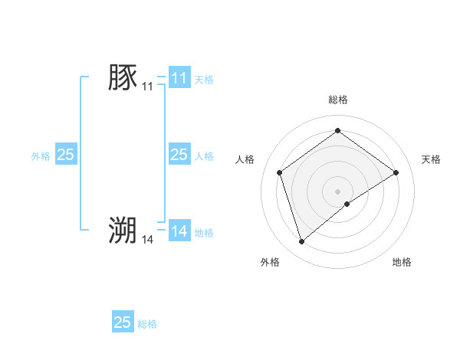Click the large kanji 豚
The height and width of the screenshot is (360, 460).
pos(123,78)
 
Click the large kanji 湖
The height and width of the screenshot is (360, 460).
pos(123,230)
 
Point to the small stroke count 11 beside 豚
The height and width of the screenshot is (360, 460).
pos(147,88)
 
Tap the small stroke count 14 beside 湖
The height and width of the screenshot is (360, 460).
pos(147,240)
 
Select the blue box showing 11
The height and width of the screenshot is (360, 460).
pos(179,78)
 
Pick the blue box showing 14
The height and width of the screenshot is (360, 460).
pos(179,231)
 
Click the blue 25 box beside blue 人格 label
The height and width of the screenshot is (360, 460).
pos(179,155)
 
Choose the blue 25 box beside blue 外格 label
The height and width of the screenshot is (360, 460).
pos(65,155)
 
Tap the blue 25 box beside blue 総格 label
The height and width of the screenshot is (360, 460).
pos(122,322)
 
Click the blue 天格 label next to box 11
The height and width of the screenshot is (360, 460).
pos(203,79)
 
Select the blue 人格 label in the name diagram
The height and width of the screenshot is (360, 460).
pos(203,155)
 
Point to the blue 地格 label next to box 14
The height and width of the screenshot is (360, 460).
pos(203,232)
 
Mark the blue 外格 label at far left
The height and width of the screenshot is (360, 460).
pos(41,155)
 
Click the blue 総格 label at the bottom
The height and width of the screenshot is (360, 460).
pos(147,324)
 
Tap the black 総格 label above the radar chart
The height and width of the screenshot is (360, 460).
pos(337,100)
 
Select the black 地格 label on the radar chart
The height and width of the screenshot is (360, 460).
pos(402,262)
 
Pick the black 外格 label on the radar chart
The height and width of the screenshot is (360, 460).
pos(270,262)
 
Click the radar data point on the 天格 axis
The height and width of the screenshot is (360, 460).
pos(396,172)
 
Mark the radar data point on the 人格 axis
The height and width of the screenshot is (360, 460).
pos(279,172)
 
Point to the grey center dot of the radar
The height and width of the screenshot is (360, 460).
pos(337,191)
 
